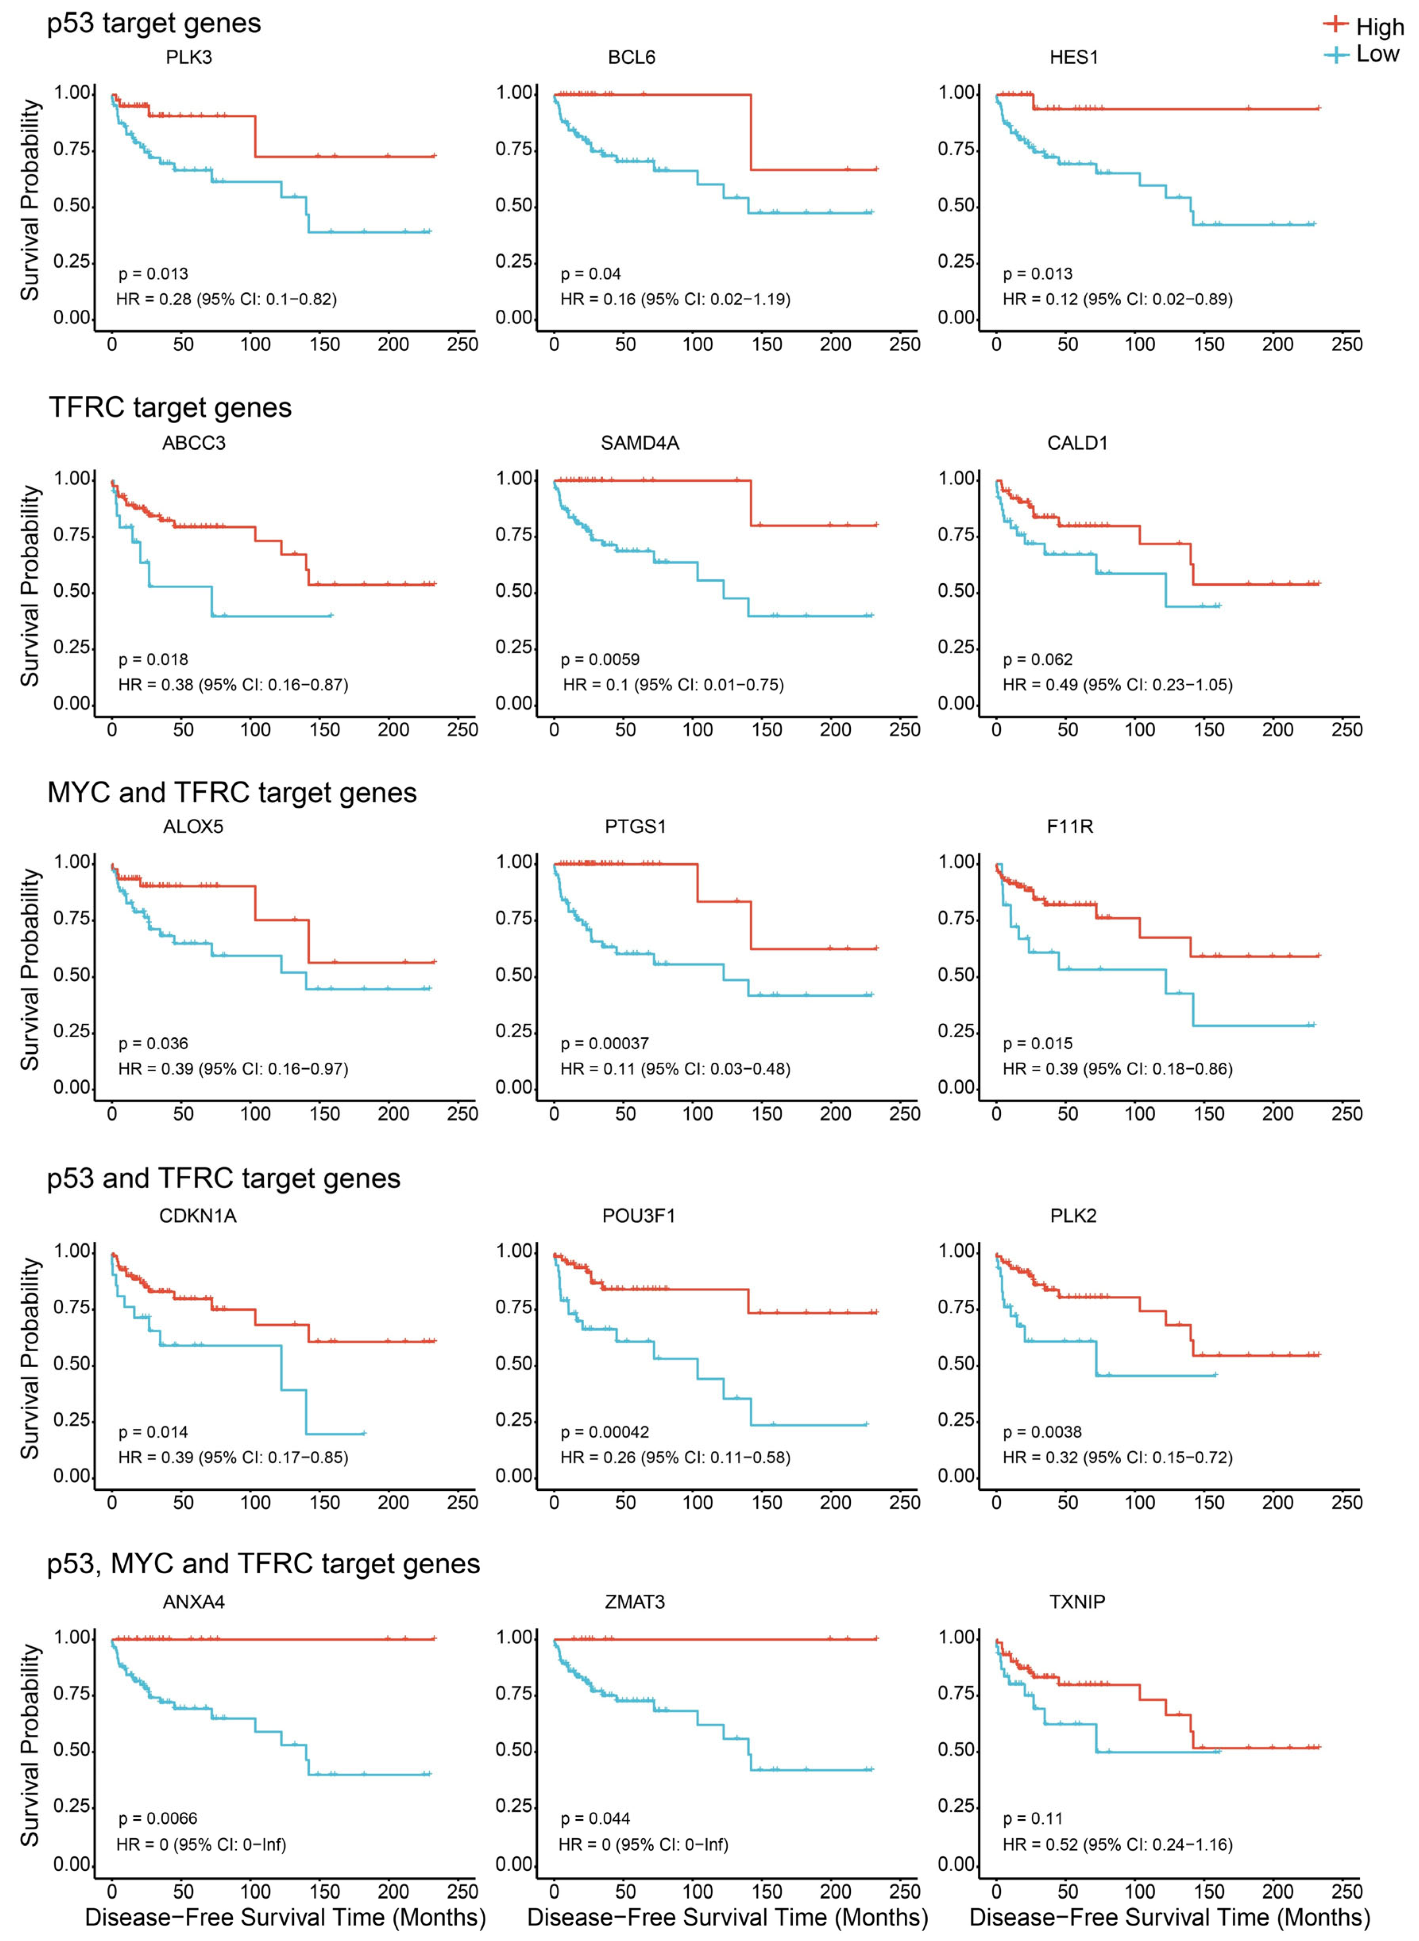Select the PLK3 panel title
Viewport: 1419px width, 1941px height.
189,58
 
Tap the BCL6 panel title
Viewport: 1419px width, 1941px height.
631,58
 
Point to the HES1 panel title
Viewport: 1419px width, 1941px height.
1074,58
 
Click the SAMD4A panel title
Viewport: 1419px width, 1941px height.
640,443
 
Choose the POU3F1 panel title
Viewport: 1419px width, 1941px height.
639,1216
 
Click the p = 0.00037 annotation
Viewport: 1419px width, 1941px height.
605,1044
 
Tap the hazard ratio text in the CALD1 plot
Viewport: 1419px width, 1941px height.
1118,685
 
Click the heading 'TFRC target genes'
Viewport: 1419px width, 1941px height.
170,407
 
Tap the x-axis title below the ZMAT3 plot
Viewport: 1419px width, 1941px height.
728,1918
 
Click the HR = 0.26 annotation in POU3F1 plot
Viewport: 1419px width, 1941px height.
675,1457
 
